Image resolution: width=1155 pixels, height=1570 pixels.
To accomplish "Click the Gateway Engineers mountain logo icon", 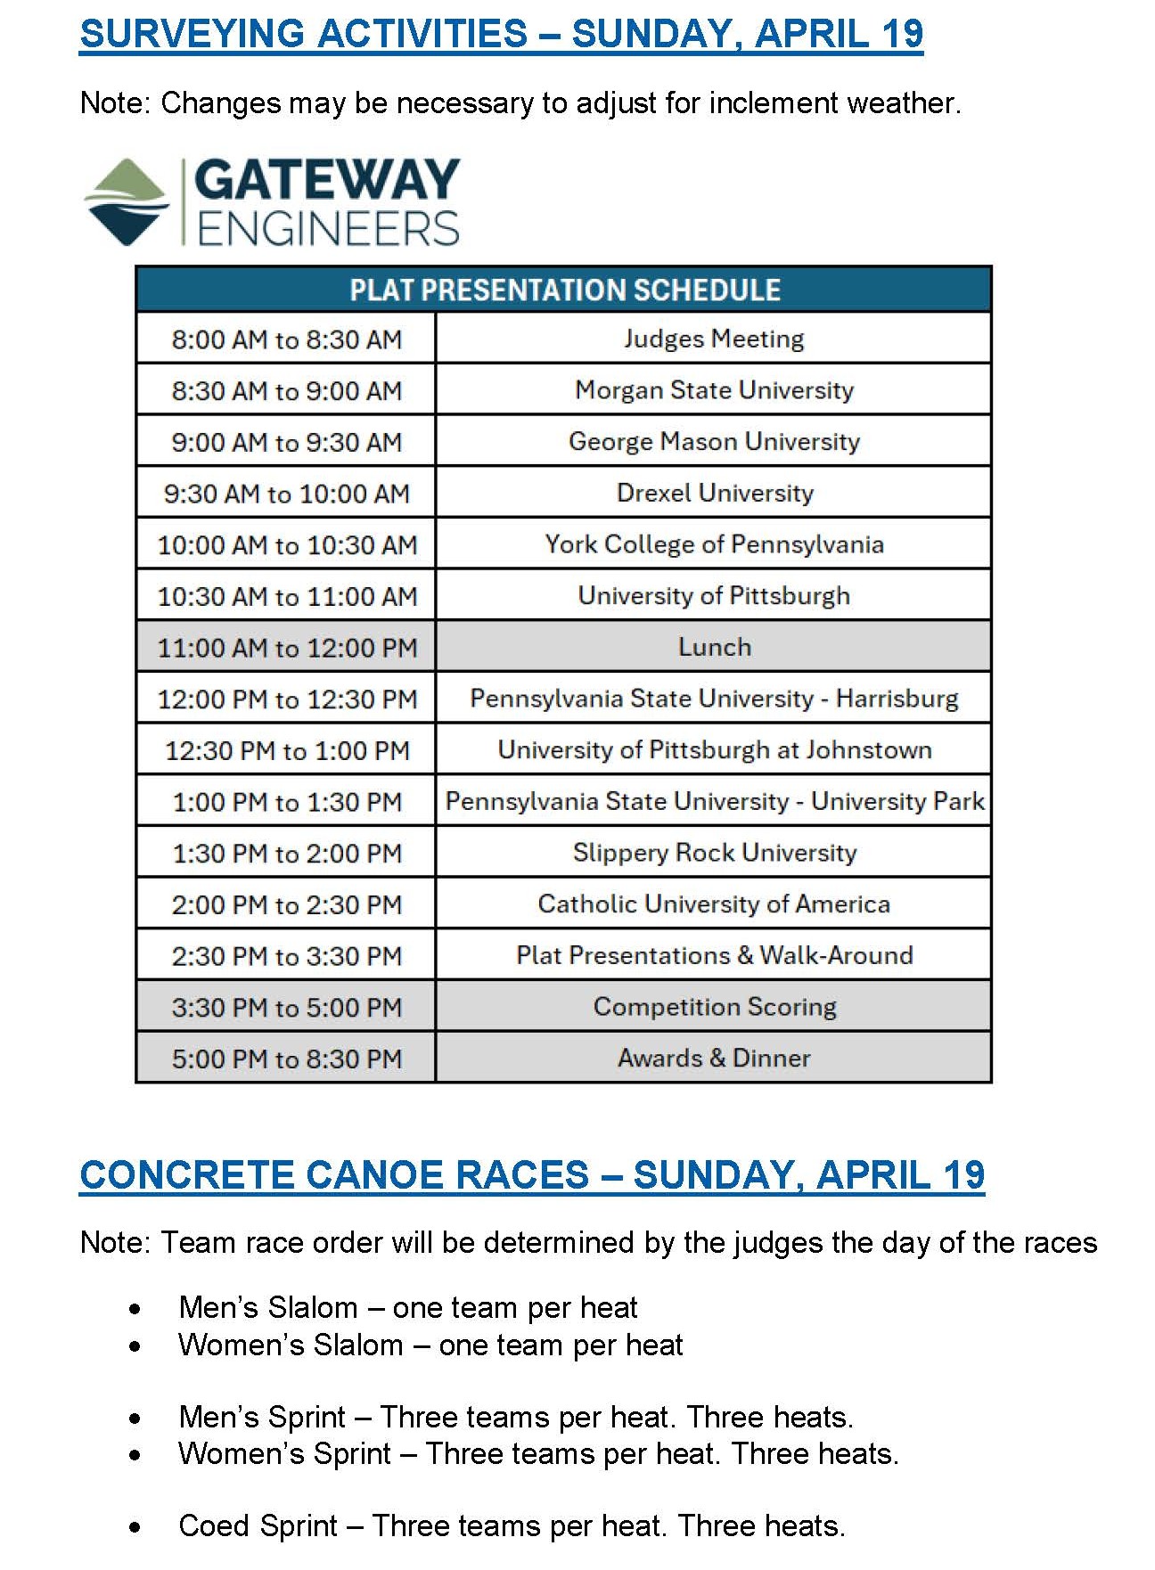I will click(x=127, y=201).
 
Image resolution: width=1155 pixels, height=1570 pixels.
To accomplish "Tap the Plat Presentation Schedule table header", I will click(x=564, y=290).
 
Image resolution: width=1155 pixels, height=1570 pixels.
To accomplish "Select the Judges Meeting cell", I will click(x=713, y=339).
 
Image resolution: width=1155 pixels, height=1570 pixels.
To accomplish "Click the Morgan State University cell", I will click(x=713, y=390).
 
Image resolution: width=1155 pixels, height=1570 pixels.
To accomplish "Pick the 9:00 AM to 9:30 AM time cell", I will click(x=286, y=442).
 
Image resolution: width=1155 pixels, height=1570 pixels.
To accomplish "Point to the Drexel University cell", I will click(x=714, y=493).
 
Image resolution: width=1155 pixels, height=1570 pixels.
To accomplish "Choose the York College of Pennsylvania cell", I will click(x=714, y=544).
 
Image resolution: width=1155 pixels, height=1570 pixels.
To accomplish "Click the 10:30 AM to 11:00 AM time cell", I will click(x=286, y=596).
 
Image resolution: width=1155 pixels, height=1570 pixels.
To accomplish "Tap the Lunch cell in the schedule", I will click(x=714, y=647).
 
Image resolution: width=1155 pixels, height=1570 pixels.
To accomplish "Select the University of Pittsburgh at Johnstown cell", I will click(x=714, y=750).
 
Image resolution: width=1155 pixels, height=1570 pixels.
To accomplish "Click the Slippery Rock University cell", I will click(x=714, y=853).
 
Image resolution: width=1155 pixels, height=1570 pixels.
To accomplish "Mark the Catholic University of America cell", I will click(x=714, y=904).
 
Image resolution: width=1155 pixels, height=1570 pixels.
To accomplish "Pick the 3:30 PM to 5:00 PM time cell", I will click(x=286, y=1008).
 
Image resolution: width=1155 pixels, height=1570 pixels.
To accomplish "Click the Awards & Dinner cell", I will click(x=714, y=1059).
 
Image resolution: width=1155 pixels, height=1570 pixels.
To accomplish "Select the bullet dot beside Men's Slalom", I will click(x=135, y=1310).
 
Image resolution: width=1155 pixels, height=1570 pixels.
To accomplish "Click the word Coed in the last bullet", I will click(x=213, y=1526).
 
